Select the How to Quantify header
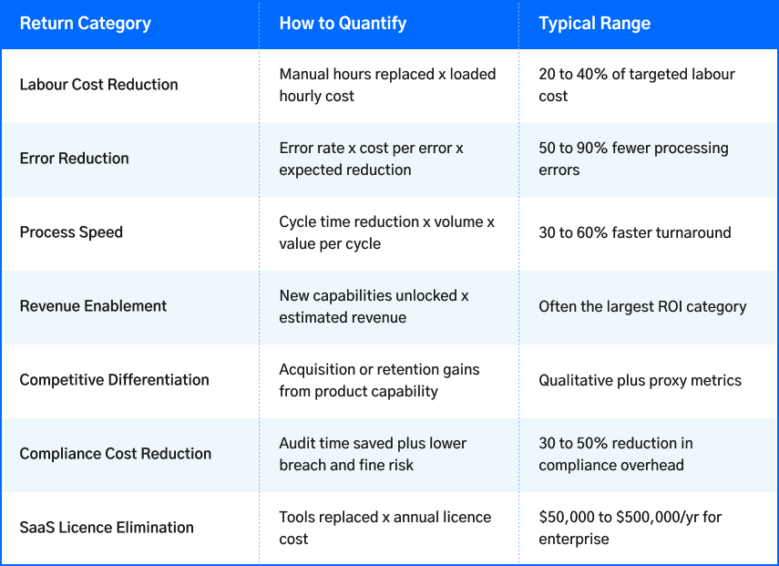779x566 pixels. pyautogui.click(x=343, y=24)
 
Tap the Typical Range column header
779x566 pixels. pyautogui.click(x=594, y=24)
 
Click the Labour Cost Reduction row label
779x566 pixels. pyautogui.click(x=98, y=85)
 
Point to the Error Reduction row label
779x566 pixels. pyautogui.click(x=74, y=159)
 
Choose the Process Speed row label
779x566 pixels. pyautogui.click(x=71, y=232)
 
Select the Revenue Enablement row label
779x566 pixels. pyautogui.click(x=93, y=306)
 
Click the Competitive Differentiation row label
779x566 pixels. pyautogui.click(x=114, y=380)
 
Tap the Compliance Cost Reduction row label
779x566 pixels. pyautogui.click(x=115, y=454)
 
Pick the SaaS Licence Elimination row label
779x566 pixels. pyautogui.click(x=107, y=528)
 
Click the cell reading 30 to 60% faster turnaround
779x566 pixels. pyautogui.click(x=634, y=232)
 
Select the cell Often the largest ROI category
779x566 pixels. pyautogui.click(x=642, y=306)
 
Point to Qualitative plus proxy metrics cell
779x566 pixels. pyautogui.click(x=640, y=380)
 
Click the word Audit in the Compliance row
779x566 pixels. pyautogui.click(x=298, y=443)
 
